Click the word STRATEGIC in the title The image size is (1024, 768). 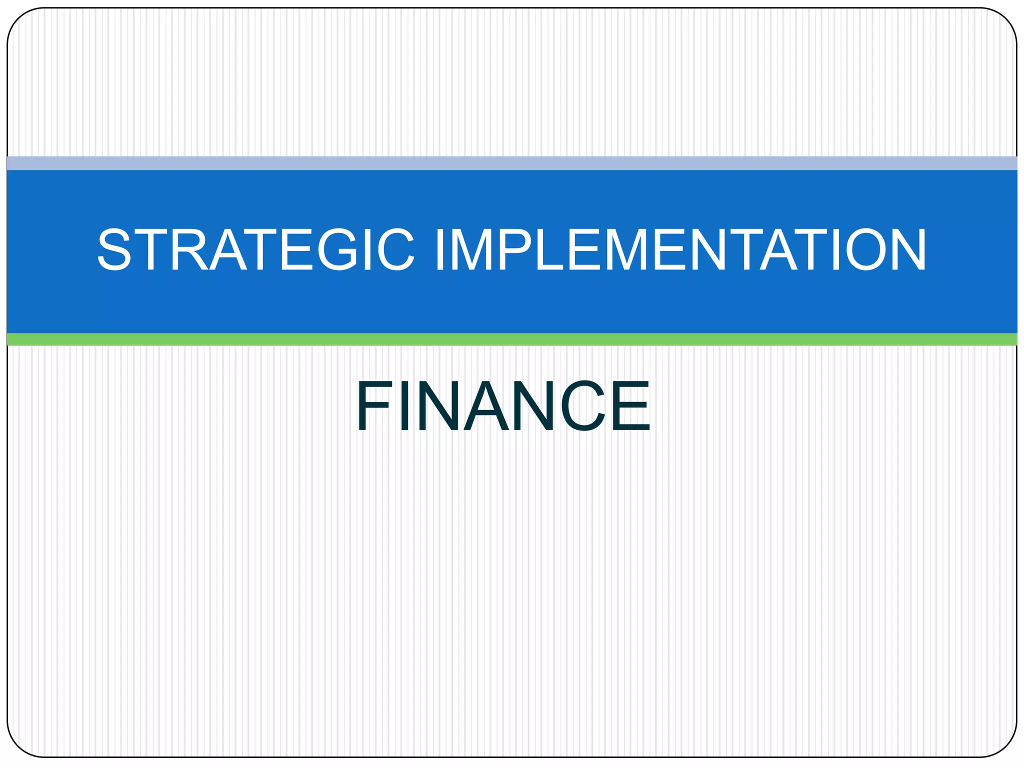pyautogui.click(x=255, y=249)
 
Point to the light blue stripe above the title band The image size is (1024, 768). pyautogui.click(x=512, y=163)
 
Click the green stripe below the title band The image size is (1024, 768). pyautogui.click(x=512, y=339)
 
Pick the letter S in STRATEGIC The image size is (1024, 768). pyautogui.click(x=114, y=249)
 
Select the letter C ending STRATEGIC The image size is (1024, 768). pyautogui.click(x=395, y=249)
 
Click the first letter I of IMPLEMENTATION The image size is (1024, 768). pyautogui.click(x=440, y=249)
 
